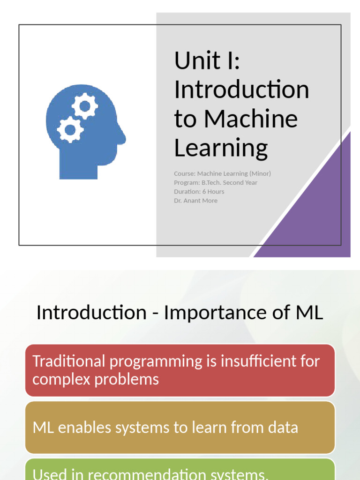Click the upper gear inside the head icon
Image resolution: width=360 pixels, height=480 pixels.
[x=85, y=106]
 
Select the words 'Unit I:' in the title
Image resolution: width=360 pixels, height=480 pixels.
[x=207, y=60]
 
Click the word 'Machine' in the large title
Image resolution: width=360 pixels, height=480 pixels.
[x=251, y=119]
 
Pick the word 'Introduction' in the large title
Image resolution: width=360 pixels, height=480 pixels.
[x=241, y=90]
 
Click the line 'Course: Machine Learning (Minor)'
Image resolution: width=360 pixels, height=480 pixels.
[x=222, y=173]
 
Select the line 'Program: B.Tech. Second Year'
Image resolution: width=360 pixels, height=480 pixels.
[x=216, y=182]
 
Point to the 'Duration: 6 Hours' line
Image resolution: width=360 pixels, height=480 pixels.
[x=199, y=191]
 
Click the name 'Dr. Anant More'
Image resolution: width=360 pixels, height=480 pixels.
[x=195, y=201]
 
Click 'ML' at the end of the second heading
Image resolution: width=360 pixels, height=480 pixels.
[x=310, y=313]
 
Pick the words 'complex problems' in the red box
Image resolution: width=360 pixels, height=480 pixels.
[x=96, y=379]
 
